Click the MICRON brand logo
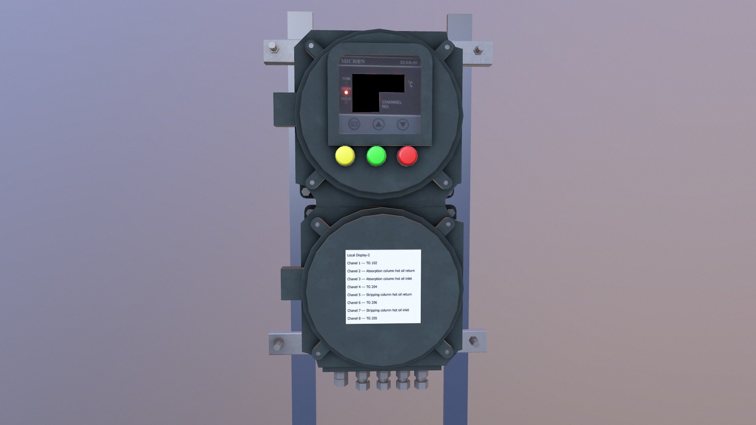coord(352,61)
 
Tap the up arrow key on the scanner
coord(378,125)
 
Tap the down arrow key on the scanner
coord(402,125)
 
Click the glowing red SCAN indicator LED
coord(346,92)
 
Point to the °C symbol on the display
coord(410,84)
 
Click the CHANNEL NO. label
coord(391,104)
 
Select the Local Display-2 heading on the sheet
coord(358,255)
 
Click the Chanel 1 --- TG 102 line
coord(362,263)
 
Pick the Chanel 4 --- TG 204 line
coord(362,287)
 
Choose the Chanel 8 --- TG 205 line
coord(362,318)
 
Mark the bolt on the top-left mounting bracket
coord(272,49)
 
